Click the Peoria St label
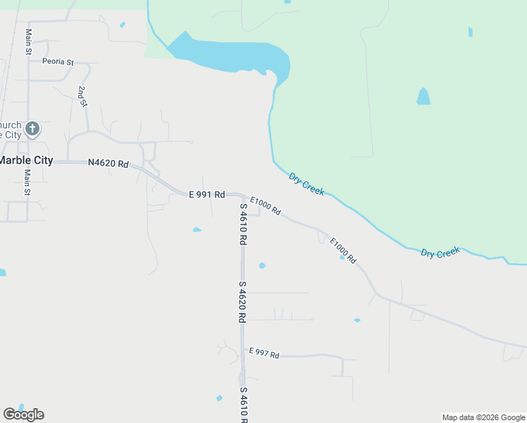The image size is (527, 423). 58,62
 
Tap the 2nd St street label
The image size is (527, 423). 83,97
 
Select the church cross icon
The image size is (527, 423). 32,129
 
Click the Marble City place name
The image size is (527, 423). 26,160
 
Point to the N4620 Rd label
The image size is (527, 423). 108,164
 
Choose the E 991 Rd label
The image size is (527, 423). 206,194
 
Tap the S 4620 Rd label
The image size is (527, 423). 242,302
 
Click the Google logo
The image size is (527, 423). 23,415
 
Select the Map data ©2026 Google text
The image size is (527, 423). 483,417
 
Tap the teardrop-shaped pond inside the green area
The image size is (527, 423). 423,97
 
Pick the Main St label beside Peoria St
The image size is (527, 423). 29,42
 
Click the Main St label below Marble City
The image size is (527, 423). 27,182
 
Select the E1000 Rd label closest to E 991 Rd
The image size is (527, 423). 266,206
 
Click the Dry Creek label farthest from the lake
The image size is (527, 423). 440,252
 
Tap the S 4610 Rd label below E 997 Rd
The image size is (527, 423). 243,405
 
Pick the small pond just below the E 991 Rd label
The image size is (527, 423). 197,229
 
